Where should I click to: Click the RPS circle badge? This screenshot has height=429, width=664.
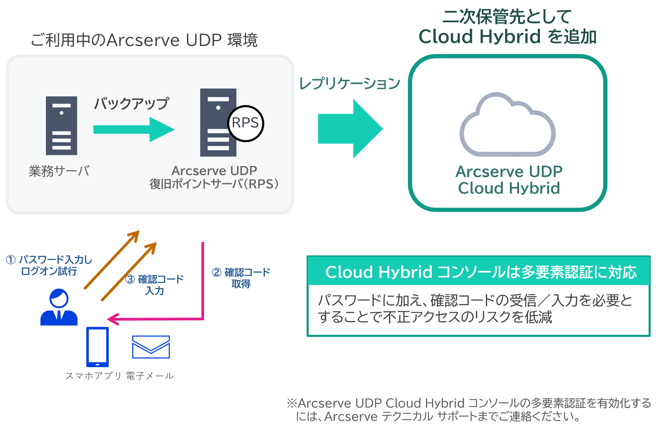tap(246, 123)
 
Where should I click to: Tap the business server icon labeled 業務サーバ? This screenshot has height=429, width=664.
tap(61, 126)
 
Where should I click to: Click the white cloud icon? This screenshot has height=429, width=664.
tap(507, 127)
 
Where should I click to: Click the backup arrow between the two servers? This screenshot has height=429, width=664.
tap(133, 130)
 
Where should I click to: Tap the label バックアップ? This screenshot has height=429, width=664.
tap(132, 104)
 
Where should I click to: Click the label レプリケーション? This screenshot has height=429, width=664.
tap(350, 83)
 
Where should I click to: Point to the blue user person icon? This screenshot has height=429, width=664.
tap(59, 308)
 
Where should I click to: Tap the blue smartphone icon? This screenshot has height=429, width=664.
tap(97, 347)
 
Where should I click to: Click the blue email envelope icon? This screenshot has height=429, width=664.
tap(151, 347)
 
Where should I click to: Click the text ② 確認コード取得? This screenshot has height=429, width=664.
tap(241, 278)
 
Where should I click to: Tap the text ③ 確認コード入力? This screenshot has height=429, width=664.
tap(155, 285)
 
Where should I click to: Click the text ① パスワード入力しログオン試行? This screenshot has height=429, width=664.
tap(49, 265)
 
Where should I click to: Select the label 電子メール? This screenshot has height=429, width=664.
tap(150, 376)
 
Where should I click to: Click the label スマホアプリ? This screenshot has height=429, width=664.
tap(93, 376)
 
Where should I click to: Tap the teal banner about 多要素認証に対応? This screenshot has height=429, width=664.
tap(478, 271)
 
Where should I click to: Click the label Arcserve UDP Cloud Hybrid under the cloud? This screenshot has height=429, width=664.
tap(509, 180)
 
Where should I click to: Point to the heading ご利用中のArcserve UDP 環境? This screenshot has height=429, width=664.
tap(144, 40)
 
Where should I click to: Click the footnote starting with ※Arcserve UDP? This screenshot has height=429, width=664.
tap(469, 410)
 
